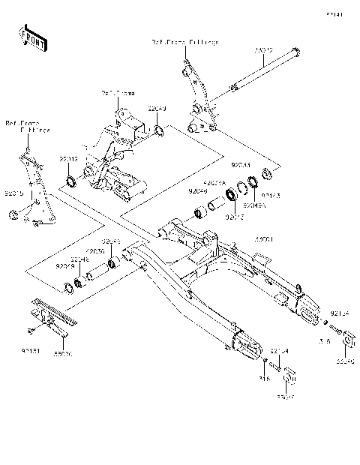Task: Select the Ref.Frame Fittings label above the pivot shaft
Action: [x=185, y=43]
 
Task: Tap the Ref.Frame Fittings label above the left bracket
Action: [x=28, y=125]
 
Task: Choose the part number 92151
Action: [x=30, y=350]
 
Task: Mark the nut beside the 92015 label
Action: [x=13, y=217]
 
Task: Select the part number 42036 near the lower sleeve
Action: [x=95, y=252]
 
